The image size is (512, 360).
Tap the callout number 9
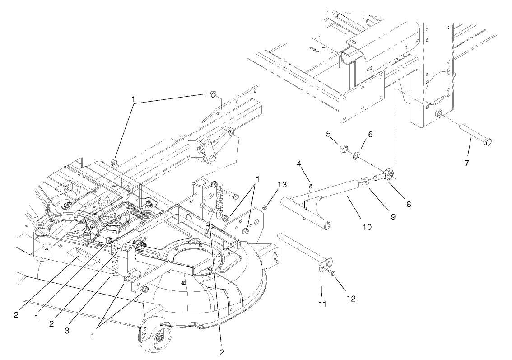point(393,216)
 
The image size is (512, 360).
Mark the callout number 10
point(367,227)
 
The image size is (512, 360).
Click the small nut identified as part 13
point(266,207)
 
